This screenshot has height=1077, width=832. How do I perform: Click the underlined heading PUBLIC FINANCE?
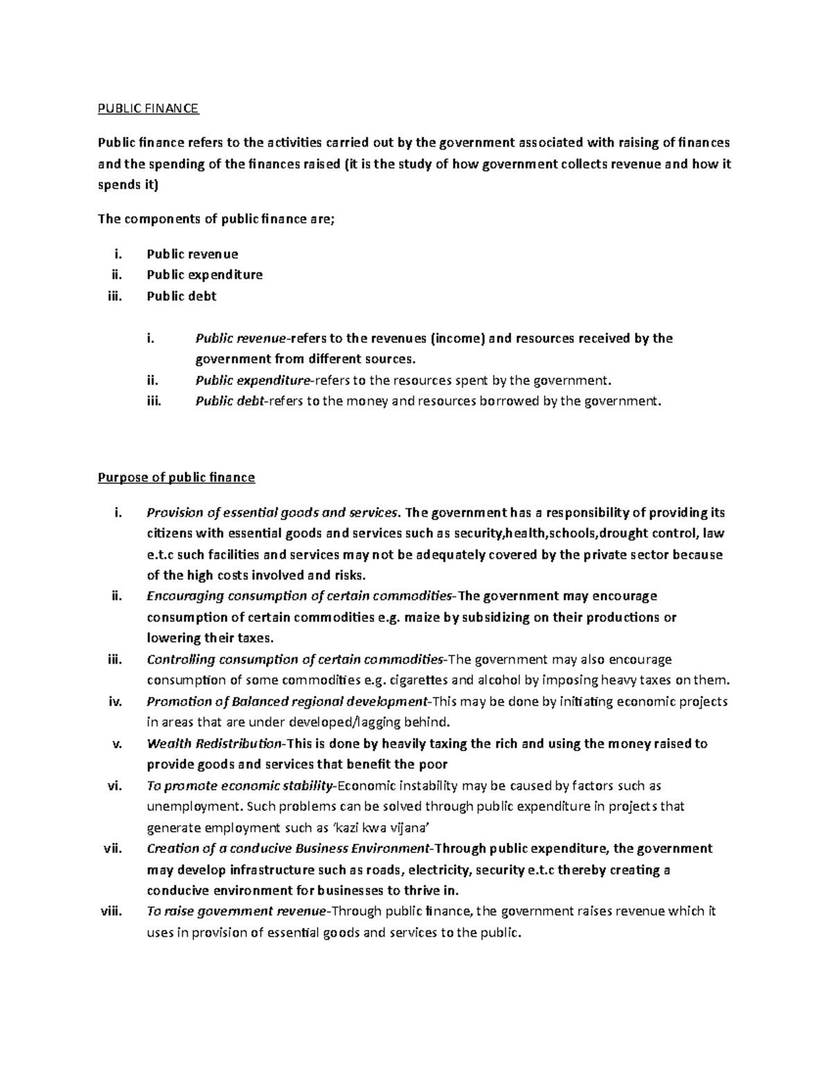tap(148, 108)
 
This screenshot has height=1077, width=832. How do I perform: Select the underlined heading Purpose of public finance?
tap(176, 477)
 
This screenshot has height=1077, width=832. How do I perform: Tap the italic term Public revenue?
tap(240, 338)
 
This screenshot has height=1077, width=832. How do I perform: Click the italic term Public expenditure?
tap(253, 380)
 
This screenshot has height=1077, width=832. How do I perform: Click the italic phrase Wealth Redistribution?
tap(214, 743)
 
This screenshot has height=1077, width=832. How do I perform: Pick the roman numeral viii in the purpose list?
tap(106, 911)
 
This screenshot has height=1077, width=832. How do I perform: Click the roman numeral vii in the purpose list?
tap(108, 849)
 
